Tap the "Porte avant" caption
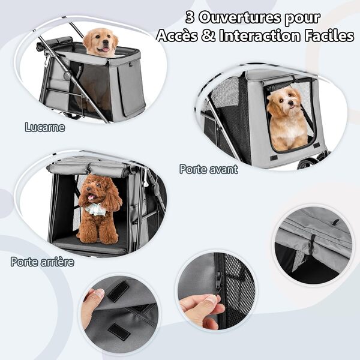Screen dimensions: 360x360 click(208, 169)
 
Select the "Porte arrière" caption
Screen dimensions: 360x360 click(42, 262)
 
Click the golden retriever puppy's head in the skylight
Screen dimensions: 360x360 click(100, 41)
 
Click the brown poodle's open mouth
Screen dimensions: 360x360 click(92, 197)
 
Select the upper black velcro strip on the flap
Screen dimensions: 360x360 click(118, 291)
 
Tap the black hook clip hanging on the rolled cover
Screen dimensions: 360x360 click(312, 246)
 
